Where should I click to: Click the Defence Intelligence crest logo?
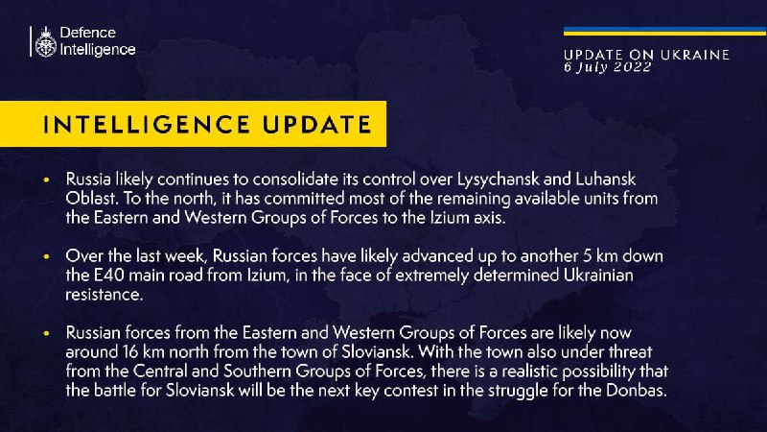pyautogui.click(x=46, y=41)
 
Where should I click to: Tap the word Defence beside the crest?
pyautogui.click(x=87, y=33)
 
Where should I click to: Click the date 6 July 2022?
pyautogui.click(x=607, y=67)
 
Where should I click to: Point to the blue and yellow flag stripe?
pyautogui.click(x=664, y=32)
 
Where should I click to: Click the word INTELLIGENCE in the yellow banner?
pyautogui.click(x=147, y=125)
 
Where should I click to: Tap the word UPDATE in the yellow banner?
pyautogui.click(x=317, y=125)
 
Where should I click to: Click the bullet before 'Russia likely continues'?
pyautogui.click(x=47, y=180)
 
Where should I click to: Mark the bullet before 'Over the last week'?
pyautogui.click(x=47, y=256)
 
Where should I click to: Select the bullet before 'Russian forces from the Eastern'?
pyautogui.click(x=47, y=333)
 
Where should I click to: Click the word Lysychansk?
pyautogui.click(x=498, y=180)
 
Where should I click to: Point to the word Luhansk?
pyautogui.click(x=606, y=179)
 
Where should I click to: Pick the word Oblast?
pyautogui.click(x=91, y=199)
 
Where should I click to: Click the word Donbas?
pyautogui.click(x=637, y=391)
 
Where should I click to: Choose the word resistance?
pyautogui.click(x=105, y=295)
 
